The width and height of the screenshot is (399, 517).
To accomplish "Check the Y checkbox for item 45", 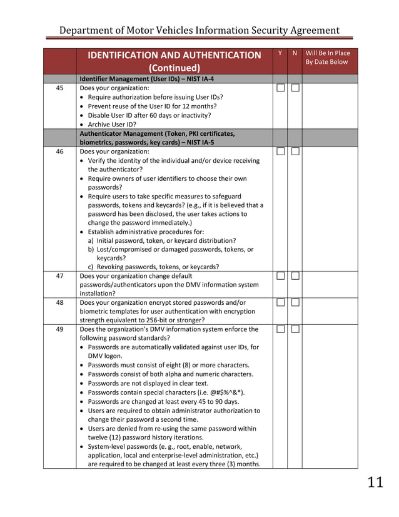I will [x=280, y=88].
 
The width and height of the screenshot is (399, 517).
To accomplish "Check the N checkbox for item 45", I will [x=295, y=88].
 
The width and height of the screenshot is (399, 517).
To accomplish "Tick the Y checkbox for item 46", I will [x=280, y=151].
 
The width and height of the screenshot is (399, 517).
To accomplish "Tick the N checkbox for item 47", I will [x=295, y=276].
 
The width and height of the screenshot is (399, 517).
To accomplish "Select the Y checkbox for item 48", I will [x=280, y=303].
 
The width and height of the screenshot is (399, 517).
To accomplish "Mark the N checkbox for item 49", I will [x=295, y=329].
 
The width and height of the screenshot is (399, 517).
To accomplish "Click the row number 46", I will [x=59, y=151].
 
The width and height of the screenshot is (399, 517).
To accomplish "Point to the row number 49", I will [x=59, y=329].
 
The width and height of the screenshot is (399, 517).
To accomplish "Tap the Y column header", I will [x=280, y=54].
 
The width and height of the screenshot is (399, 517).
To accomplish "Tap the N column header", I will [x=295, y=54].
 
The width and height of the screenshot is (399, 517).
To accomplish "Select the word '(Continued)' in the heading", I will [x=174, y=68].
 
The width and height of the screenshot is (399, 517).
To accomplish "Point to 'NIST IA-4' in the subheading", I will [x=198, y=79].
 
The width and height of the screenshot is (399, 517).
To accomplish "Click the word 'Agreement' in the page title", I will [x=308, y=30].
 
